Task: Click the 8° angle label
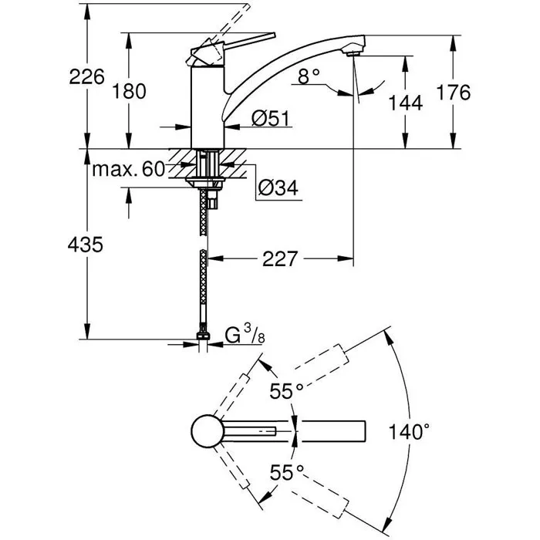tap(308, 76)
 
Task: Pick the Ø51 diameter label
tap(269, 118)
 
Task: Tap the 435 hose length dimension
tap(85, 245)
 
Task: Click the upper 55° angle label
tap(285, 392)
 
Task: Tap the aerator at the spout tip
tap(353, 52)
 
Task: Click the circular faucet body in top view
tap(206, 430)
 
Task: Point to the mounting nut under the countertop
tap(205, 184)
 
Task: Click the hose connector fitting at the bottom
tap(204, 338)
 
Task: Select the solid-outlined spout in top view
tap(332, 430)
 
